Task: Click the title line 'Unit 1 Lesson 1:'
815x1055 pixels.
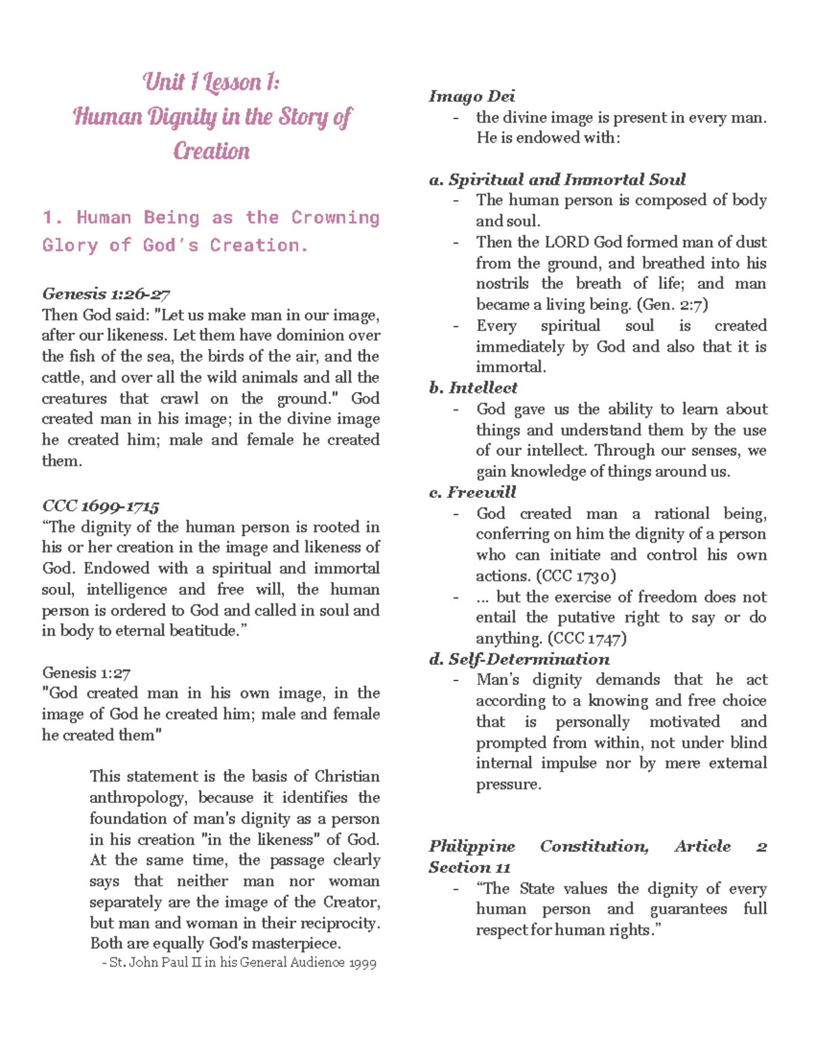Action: tap(211, 82)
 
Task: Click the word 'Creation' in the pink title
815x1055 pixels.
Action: tap(211, 151)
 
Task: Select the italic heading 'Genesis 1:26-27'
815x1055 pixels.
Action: tap(106, 294)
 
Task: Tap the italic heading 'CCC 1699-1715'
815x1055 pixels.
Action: tap(101, 506)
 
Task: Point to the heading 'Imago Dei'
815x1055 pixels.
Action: tap(471, 96)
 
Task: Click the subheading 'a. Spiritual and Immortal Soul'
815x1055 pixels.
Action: tap(557, 180)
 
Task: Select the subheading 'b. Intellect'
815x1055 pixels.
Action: tap(473, 388)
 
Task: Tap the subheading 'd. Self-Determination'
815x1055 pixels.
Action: tap(519, 659)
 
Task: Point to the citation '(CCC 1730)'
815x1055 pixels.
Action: tap(576, 576)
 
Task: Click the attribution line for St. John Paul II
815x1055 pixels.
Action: tap(238, 963)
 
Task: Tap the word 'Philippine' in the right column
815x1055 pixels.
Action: tap(471, 846)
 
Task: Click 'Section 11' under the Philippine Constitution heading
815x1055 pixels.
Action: tap(469, 868)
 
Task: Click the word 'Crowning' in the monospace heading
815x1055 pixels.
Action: tap(335, 217)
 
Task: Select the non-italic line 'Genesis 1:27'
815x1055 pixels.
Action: tap(86, 673)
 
